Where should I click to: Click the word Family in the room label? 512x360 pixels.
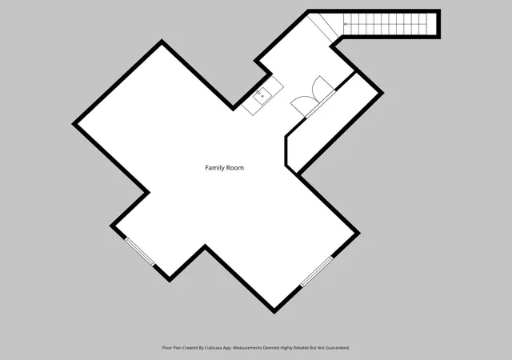pos(214,168)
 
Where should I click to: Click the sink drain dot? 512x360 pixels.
pos(262,96)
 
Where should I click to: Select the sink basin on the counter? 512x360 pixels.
pos(262,96)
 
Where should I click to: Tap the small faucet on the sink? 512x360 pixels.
pos(258,93)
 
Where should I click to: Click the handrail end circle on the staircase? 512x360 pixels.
pos(346,24)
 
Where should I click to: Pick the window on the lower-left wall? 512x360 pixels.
pos(140,251)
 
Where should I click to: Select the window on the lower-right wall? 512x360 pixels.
pos(317,272)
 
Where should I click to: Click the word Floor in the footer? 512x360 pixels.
pos(167,348)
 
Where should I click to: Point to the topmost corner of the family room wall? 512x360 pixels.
pos(162,41)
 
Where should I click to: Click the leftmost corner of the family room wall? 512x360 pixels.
pos(73,124)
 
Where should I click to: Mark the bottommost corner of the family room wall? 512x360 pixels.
pos(274,312)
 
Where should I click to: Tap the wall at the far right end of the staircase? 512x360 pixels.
pos(438,24)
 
